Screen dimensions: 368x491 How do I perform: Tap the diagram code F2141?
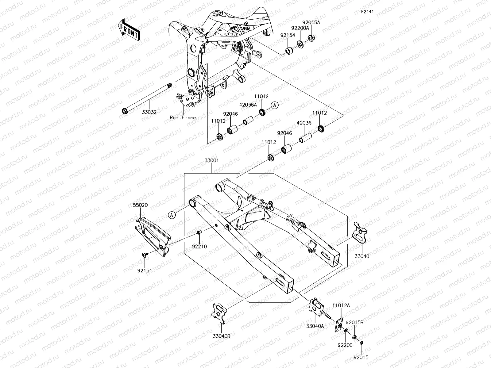coord(367,12)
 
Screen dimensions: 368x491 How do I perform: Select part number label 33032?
coord(149,112)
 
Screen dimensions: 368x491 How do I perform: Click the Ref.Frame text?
coord(183,117)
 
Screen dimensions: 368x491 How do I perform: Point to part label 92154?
coord(288,35)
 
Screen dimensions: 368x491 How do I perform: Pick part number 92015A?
coord(311,22)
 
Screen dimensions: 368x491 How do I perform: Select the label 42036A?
coord(248,104)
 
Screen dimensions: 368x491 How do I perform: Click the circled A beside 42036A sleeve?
coord(275,105)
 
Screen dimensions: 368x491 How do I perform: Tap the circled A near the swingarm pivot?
coord(172,215)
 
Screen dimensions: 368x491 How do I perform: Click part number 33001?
coord(212,160)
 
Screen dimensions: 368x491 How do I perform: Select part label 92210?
coord(199,246)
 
